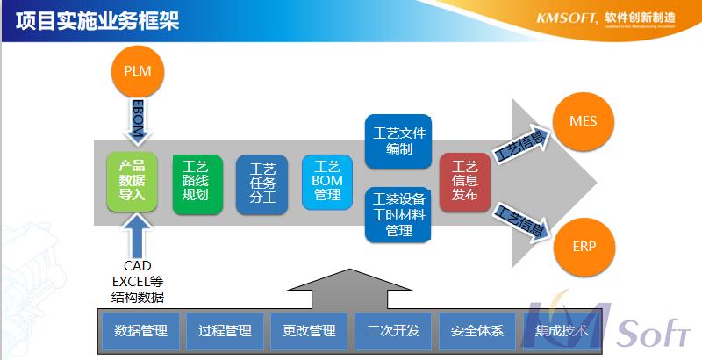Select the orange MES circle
coord(583,120)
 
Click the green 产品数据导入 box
coord(132,181)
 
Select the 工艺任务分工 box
coord(262,184)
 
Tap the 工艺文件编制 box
coord(398,141)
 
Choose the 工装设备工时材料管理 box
coord(398,214)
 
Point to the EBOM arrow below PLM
coord(138,120)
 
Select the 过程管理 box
coord(226,331)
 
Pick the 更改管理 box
coord(309,331)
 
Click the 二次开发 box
coord(393,331)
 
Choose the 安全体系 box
coord(477,331)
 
